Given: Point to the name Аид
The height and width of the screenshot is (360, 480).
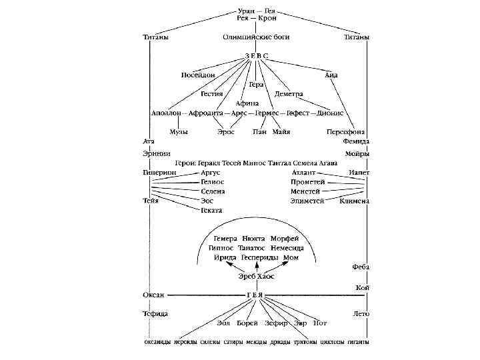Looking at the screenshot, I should pos(331,75).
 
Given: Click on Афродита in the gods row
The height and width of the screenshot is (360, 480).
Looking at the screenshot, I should pos(207,113).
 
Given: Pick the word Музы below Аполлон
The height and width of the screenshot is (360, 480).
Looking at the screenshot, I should pos(178,132).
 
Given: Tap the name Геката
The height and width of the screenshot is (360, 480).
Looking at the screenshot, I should pos(211,210).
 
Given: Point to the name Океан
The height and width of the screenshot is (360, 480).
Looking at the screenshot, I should pos(155,294).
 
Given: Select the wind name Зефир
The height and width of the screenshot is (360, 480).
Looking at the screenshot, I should pos(276,323).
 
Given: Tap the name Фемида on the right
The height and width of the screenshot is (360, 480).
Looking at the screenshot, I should pos(357,142).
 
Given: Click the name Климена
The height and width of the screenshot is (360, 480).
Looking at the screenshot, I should pos(354,201).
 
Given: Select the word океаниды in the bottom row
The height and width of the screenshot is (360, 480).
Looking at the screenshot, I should pos(159,343).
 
